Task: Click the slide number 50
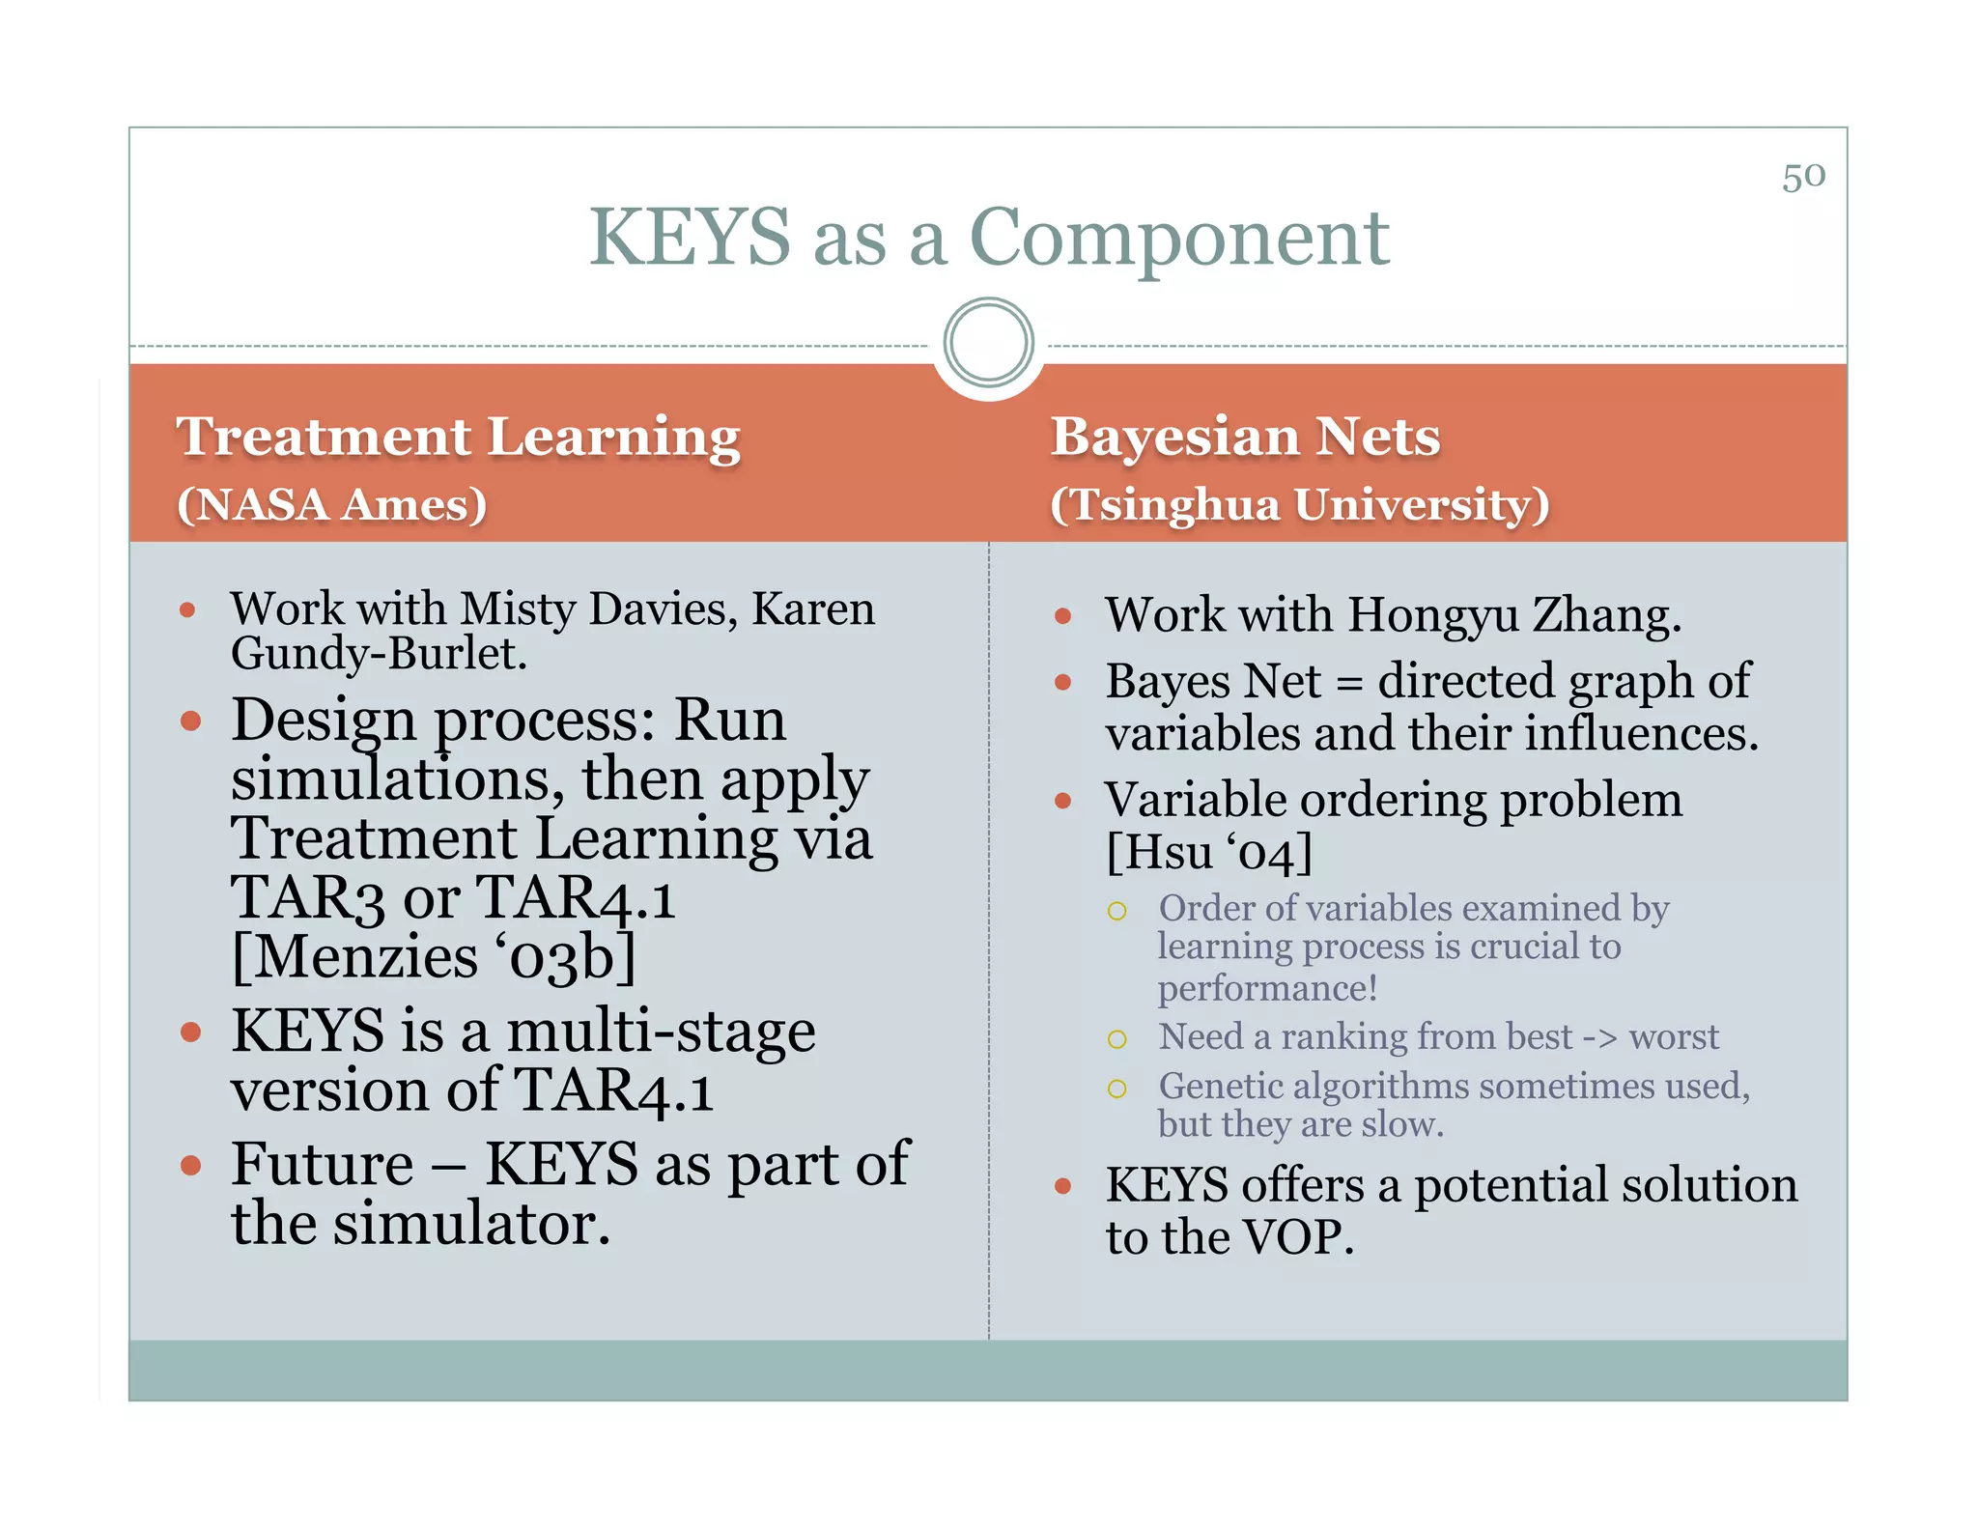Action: [x=1803, y=177]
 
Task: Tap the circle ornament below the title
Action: [x=988, y=343]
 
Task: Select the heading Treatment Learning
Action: [x=458, y=437]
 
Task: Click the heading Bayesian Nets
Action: [x=1245, y=437]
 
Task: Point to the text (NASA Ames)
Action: [x=331, y=505]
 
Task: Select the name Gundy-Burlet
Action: [x=379, y=654]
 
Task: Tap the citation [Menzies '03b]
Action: [x=434, y=957]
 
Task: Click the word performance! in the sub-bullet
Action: [x=1267, y=988]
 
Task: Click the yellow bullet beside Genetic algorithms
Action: [x=1116, y=1089]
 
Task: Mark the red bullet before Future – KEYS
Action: [x=190, y=1165]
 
